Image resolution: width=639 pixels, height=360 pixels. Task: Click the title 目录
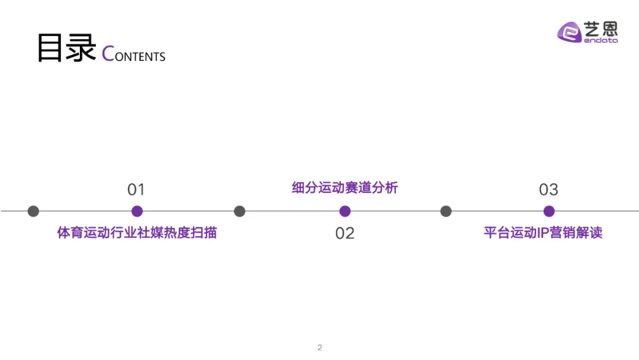[66, 49]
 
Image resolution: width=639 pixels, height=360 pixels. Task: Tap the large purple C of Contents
[108, 54]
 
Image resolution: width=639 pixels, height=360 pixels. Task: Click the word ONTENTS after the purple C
[140, 57]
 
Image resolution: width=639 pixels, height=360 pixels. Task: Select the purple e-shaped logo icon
[570, 32]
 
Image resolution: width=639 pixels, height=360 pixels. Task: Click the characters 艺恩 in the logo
[601, 28]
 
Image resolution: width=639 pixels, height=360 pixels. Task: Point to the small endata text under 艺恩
[601, 40]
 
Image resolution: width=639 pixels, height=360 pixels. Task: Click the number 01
[136, 189]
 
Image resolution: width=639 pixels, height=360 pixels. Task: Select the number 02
[344, 233]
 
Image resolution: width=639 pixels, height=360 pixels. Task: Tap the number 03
[548, 189]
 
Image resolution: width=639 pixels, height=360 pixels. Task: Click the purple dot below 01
[137, 211]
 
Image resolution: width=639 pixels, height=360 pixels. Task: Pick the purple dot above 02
[345, 211]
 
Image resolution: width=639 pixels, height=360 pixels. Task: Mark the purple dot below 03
[549, 211]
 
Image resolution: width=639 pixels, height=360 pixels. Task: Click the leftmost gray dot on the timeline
[33, 211]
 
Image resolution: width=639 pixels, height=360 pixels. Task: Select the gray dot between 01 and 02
[240, 211]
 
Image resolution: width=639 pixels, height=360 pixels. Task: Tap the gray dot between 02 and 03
[446, 211]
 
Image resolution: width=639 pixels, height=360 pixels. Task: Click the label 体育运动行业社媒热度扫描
[137, 233]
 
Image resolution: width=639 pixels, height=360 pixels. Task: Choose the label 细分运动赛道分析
[345, 188]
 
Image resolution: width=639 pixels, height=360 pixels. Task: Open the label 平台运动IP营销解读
[543, 233]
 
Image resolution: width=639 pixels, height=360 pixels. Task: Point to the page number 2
[319, 348]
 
